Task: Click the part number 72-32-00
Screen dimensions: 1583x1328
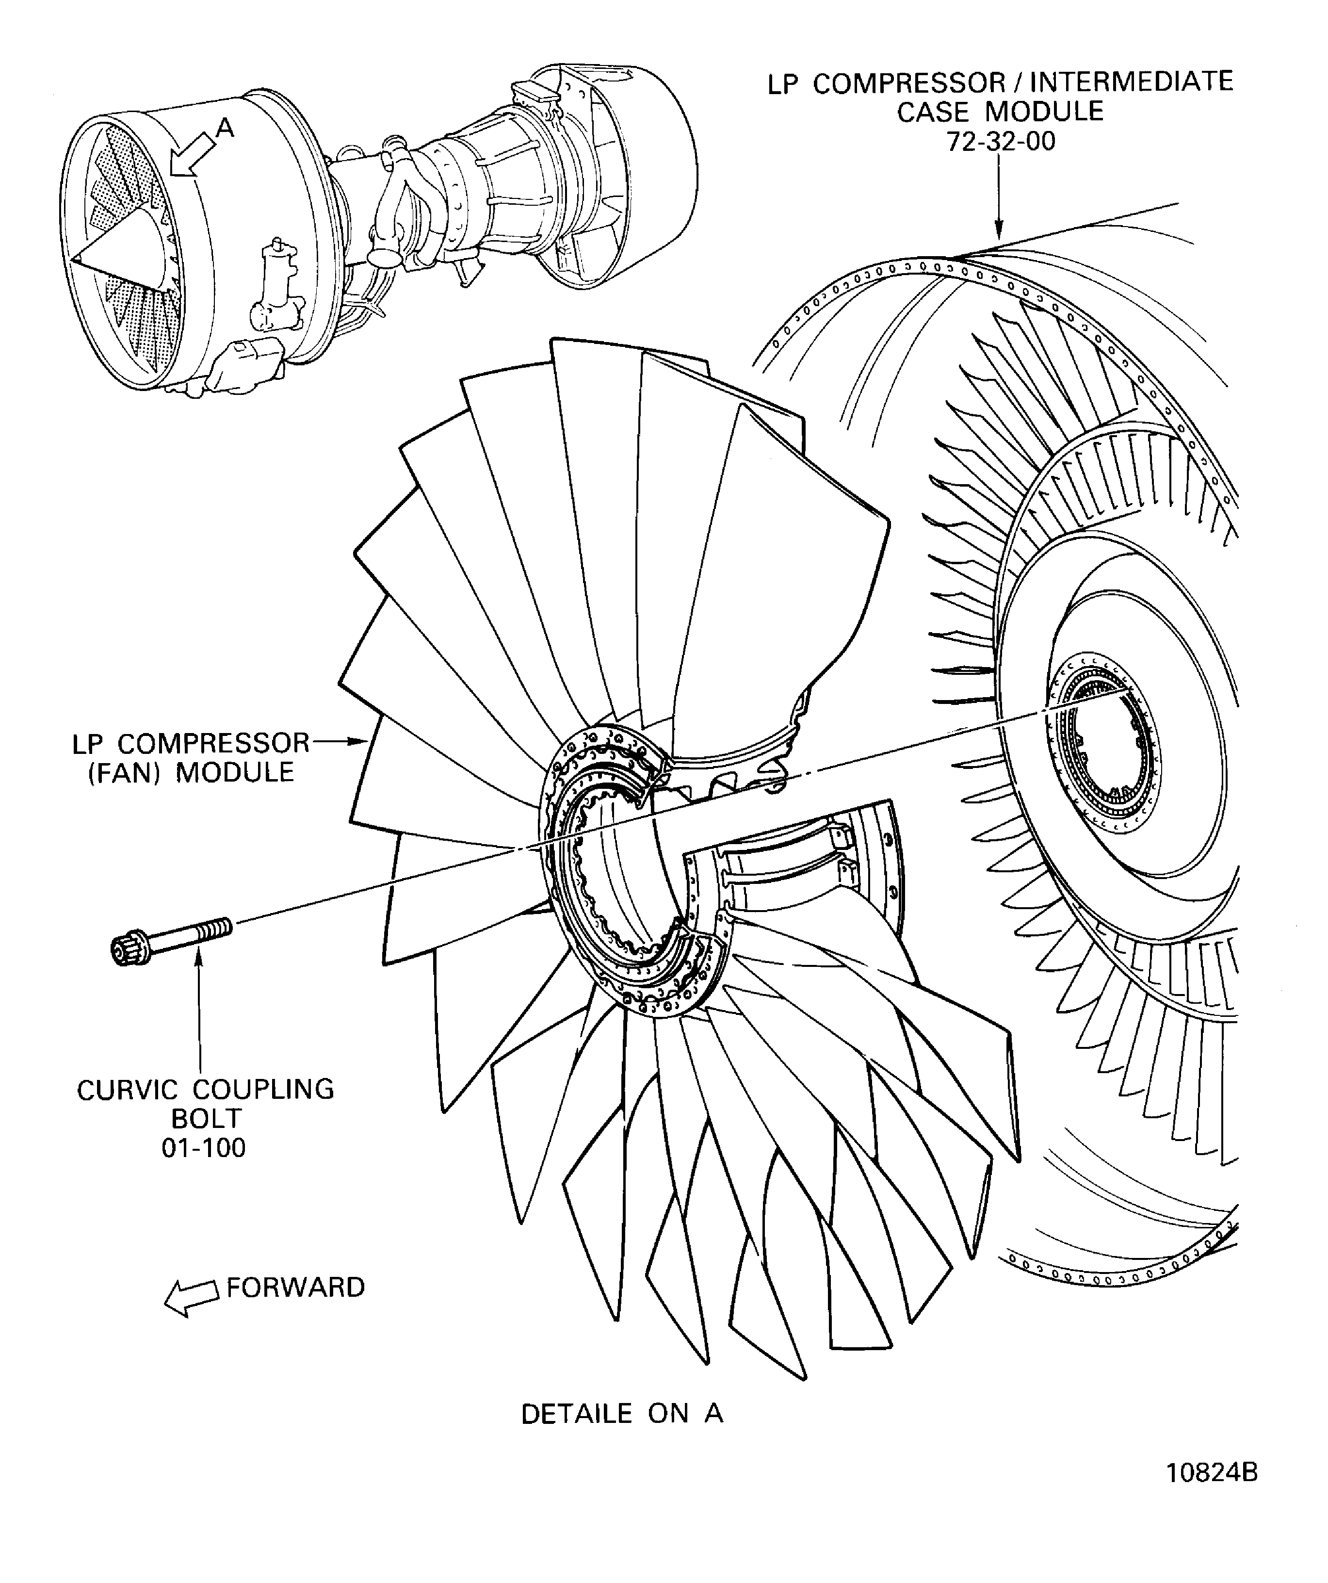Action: tap(1001, 142)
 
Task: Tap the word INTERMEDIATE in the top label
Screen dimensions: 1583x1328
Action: tap(1131, 82)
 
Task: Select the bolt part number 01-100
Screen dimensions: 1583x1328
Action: tap(204, 1147)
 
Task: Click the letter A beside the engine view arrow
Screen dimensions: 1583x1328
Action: tap(226, 130)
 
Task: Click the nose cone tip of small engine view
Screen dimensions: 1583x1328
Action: tap(75, 259)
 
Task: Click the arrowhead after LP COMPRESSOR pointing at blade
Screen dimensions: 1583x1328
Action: tap(360, 743)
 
